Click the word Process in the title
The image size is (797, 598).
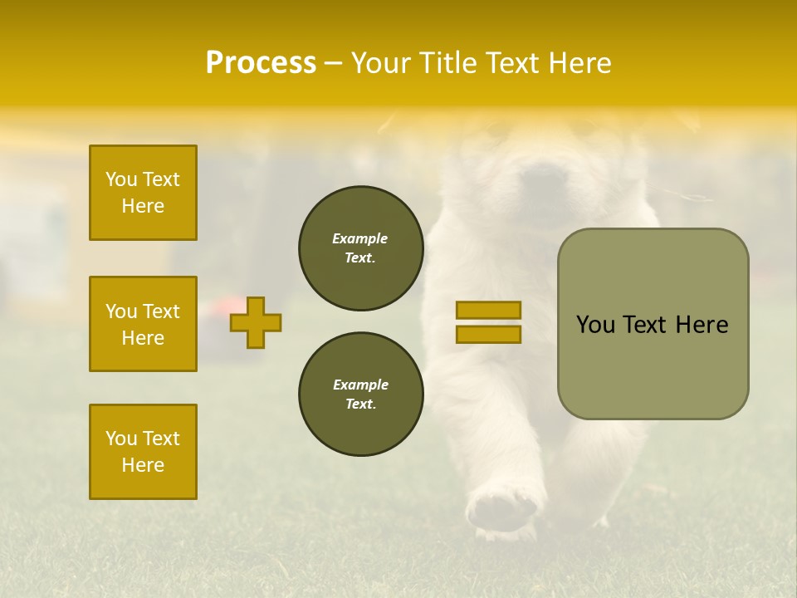261,63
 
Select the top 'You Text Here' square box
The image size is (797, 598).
143,193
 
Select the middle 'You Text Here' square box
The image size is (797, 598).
143,324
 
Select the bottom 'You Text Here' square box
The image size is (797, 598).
143,452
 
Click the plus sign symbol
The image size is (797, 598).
256,322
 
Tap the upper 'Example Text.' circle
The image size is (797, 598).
361,248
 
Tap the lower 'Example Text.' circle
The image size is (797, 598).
361,395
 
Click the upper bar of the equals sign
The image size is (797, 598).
488,311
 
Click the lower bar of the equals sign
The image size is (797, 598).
488,334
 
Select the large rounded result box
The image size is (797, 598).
653,324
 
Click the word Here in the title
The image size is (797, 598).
580,63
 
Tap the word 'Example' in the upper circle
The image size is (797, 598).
360,238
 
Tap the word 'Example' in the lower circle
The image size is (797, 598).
360,385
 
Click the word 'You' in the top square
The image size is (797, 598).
121,179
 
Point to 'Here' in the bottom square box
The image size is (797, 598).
143,465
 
